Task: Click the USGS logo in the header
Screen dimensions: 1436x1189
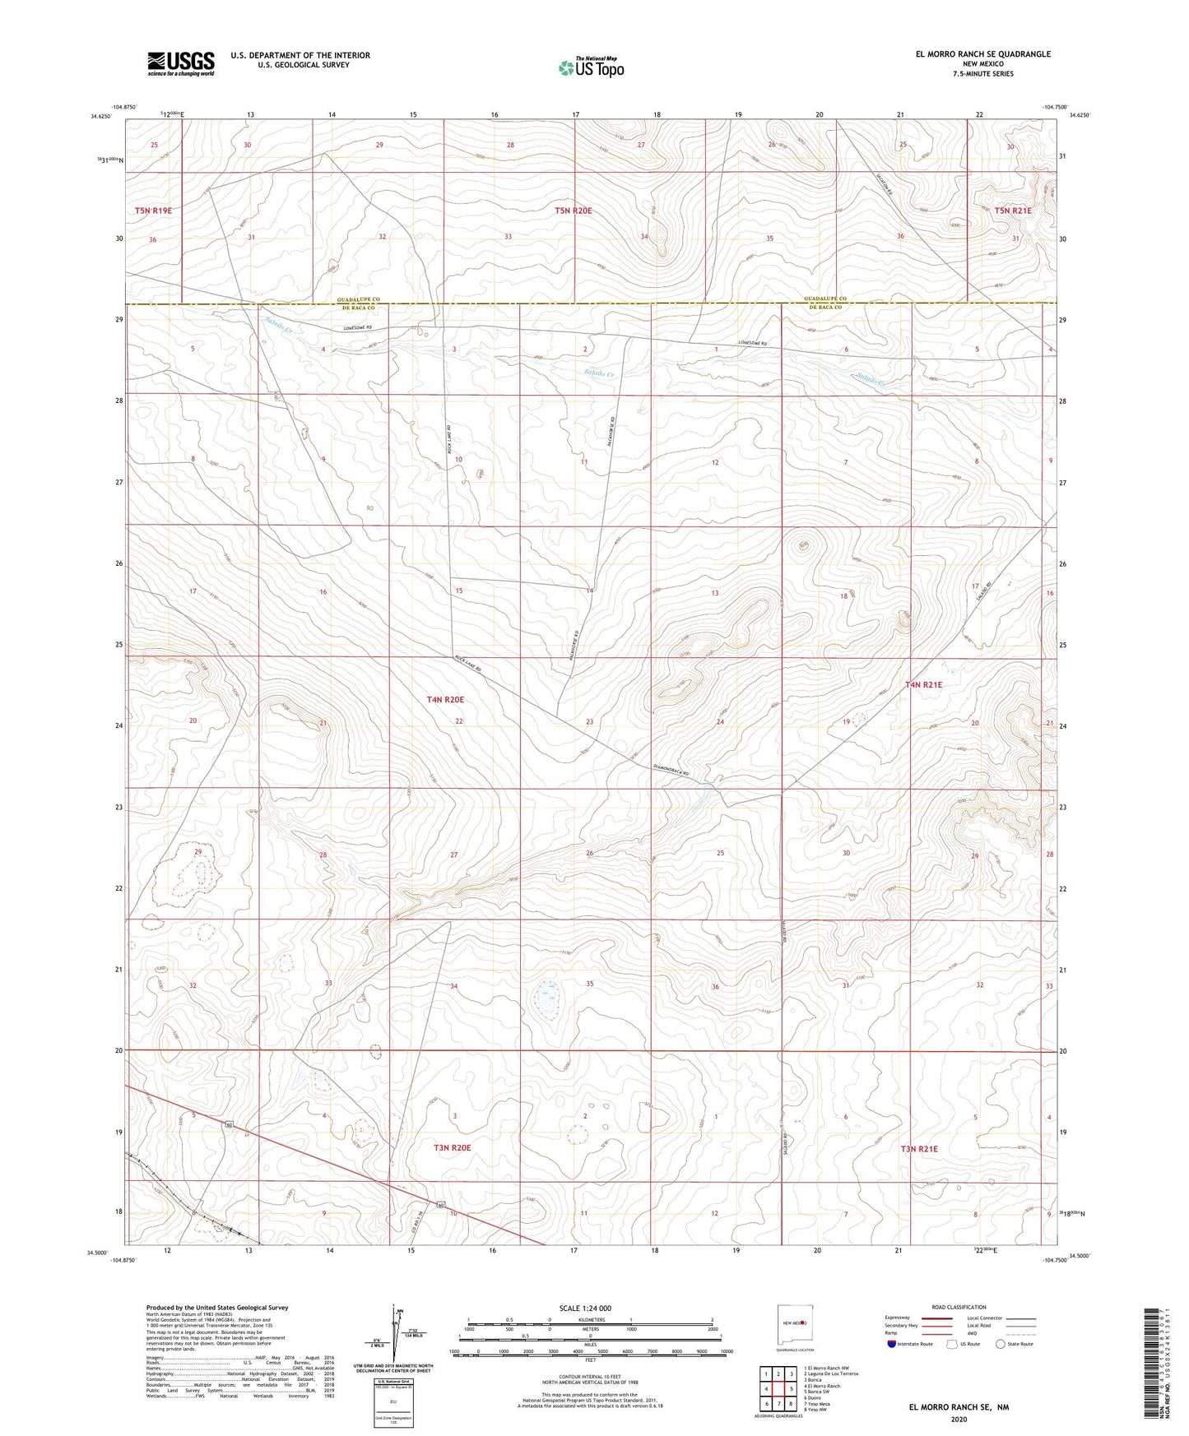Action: [x=181, y=63]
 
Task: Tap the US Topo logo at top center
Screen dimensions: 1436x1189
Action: [x=590, y=67]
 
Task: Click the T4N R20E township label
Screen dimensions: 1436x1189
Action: [x=445, y=700]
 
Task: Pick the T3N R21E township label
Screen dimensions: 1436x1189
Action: [x=919, y=1149]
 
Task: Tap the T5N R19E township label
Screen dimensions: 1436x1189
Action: [x=154, y=211]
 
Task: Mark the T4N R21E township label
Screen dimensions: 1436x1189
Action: [x=923, y=684]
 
